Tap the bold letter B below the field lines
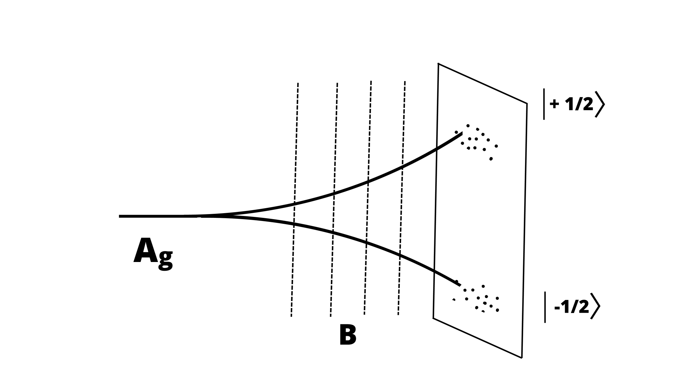(x=348, y=335)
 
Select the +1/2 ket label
(x=573, y=104)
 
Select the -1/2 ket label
(x=572, y=307)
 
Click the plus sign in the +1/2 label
(x=555, y=104)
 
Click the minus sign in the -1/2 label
(x=557, y=308)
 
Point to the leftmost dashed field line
(x=294, y=200)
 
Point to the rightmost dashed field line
(x=402, y=197)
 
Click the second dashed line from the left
(x=334, y=200)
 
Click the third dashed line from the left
(x=368, y=197)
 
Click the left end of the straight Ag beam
(x=120, y=216)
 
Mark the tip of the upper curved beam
(x=462, y=134)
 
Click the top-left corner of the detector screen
(x=438, y=64)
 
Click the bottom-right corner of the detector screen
(x=522, y=357)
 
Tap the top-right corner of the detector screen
(x=527, y=103)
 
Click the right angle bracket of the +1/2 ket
(x=600, y=104)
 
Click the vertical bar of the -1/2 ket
(x=545, y=307)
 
